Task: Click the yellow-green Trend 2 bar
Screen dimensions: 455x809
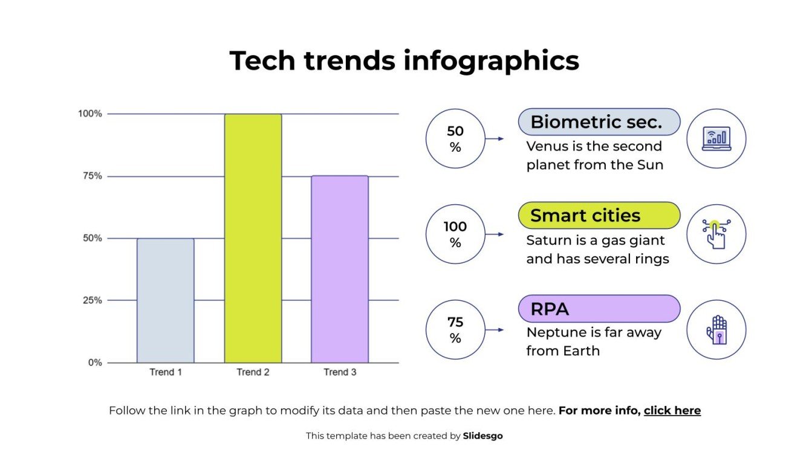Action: pyautogui.click(x=253, y=238)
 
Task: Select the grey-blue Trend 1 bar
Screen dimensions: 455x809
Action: pyautogui.click(x=166, y=300)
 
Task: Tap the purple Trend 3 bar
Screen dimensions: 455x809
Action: pyautogui.click(x=340, y=269)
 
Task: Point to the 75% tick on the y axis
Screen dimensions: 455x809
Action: pyautogui.click(x=92, y=176)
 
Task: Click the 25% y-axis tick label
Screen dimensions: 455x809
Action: pyautogui.click(x=92, y=300)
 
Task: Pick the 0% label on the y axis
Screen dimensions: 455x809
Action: pyautogui.click(x=96, y=363)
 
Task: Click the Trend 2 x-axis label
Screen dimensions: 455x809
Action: pyautogui.click(x=253, y=372)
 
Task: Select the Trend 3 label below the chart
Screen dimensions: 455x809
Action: pyautogui.click(x=340, y=372)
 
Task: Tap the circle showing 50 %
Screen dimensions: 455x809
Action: pyautogui.click(x=455, y=139)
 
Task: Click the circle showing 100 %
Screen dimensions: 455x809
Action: pyautogui.click(x=455, y=234)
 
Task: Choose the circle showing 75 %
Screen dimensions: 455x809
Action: pyautogui.click(x=455, y=330)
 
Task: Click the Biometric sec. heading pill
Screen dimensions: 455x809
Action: pyautogui.click(x=599, y=122)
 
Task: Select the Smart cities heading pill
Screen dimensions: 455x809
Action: pyautogui.click(x=599, y=216)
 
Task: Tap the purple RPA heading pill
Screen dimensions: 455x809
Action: pyautogui.click(x=599, y=309)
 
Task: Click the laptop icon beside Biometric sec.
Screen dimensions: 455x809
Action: pyautogui.click(x=716, y=138)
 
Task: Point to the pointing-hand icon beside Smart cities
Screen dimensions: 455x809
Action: pyautogui.click(x=716, y=234)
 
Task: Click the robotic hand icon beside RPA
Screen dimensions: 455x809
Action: pyautogui.click(x=716, y=330)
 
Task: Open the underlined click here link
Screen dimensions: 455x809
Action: pyautogui.click(x=672, y=411)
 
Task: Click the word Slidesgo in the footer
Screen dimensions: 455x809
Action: pyautogui.click(x=482, y=436)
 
